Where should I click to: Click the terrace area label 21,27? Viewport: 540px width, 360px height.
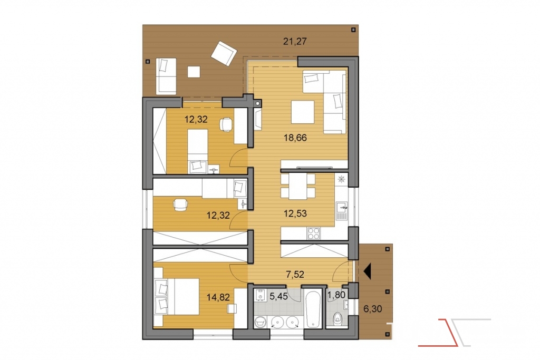295,42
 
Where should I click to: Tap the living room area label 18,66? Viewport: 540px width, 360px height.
295,138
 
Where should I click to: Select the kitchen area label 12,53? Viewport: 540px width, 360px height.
295,213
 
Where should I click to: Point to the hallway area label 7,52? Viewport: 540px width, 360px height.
295,274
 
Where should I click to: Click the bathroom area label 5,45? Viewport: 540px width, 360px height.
278,296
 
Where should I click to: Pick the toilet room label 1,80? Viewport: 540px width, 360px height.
336,295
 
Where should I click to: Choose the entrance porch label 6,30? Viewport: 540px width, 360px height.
373,309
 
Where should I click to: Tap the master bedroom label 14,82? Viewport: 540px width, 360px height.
218,297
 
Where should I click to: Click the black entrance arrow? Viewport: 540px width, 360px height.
367,271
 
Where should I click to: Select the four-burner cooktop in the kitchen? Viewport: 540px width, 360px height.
313,233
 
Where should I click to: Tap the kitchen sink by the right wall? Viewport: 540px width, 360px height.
341,210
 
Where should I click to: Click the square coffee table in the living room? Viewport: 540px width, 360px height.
303,112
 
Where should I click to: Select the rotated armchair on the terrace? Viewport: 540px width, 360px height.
224,53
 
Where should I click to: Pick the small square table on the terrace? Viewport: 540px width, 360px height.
194,72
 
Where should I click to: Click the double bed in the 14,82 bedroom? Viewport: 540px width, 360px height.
176,297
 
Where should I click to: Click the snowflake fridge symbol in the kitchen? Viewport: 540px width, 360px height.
342,179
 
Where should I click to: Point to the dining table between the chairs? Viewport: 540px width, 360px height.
298,186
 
